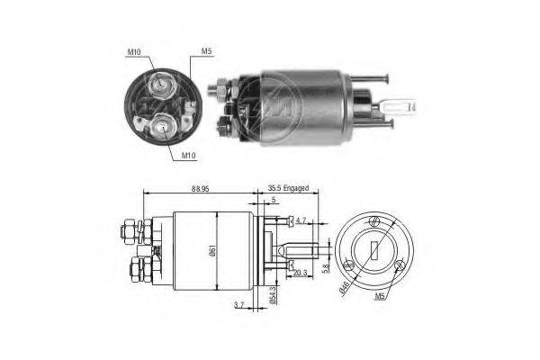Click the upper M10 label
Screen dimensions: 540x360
click(134, 52)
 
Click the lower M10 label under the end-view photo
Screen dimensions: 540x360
click(188, 156)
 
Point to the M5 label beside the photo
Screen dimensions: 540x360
click(206, 51)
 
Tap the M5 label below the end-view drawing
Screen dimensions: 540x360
click(380, 296)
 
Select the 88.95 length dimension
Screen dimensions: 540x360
click(201, 189)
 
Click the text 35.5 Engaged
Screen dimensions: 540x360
click(288, 188)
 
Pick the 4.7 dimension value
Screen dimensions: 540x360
click(301, 220)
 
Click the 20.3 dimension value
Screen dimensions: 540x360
click(301, 274)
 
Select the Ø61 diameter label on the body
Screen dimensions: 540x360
click(212, 251)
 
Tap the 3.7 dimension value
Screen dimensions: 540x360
click(238, 305)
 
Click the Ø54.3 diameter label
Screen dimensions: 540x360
click(273, 295)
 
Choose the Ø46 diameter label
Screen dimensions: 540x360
click(345, 289)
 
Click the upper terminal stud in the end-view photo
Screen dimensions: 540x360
click(161, 84)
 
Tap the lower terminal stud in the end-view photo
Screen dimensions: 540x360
click(162, 127)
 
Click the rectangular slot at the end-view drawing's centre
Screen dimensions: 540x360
click(374, 250)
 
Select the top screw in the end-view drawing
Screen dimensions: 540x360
click(374, 221)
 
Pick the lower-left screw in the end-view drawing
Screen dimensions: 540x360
click(349, 266)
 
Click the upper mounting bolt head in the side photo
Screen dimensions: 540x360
click(387, 79)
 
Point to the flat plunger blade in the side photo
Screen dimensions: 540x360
click(398, 106)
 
